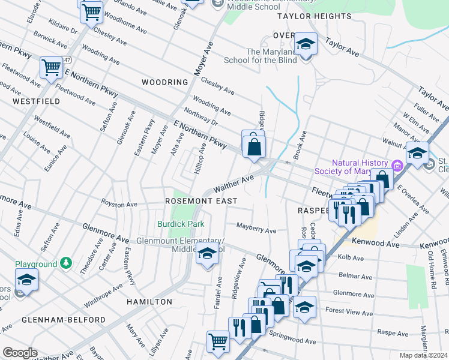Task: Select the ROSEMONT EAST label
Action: [x=201, y=200]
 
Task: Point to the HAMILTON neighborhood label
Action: [x=149, y=301]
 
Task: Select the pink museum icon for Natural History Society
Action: [x=397, y=166]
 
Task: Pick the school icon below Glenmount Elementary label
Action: [x=206, y=255]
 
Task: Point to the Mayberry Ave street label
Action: [x=256, y=230]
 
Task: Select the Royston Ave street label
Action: [x=119, y=204]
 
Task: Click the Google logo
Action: [x=20, y=353]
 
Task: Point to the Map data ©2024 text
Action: [x=423, y=355]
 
